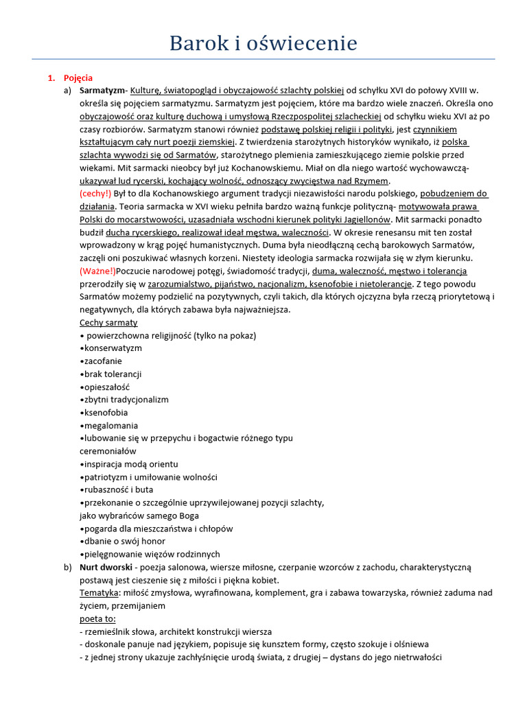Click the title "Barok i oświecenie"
tap(263, 43)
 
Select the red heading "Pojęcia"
tap(78, 78)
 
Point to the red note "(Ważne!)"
tap(97, 271)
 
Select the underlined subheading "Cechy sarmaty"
tap(108, 322)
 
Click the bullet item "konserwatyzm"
tap(113, 348)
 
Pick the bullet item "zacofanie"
tap(104, 361)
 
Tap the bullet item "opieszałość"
tap(106, 387)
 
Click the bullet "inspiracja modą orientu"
tap(130, 464)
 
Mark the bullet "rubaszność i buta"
tap(118, 489)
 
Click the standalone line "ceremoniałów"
tap(108, 451)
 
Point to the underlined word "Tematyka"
tap(99, 592)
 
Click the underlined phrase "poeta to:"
tap(97, 618)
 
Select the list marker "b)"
tap(67, 567)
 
